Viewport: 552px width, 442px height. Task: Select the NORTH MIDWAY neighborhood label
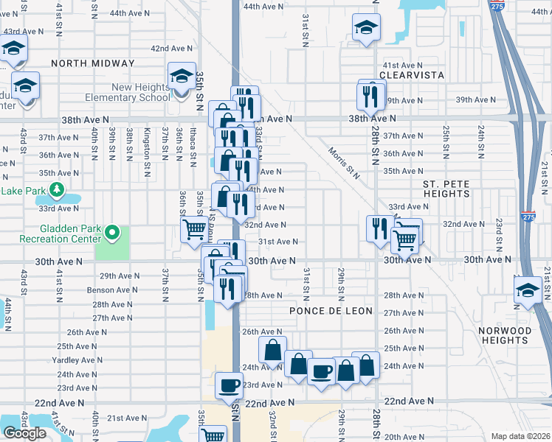93,64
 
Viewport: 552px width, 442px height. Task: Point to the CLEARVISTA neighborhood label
410,75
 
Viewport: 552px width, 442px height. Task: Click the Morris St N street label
345,162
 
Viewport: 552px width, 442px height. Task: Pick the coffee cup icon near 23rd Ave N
229,384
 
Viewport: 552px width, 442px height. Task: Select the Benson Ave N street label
112,290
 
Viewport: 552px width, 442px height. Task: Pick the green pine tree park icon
57,193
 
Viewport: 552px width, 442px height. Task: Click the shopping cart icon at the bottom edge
213,435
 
